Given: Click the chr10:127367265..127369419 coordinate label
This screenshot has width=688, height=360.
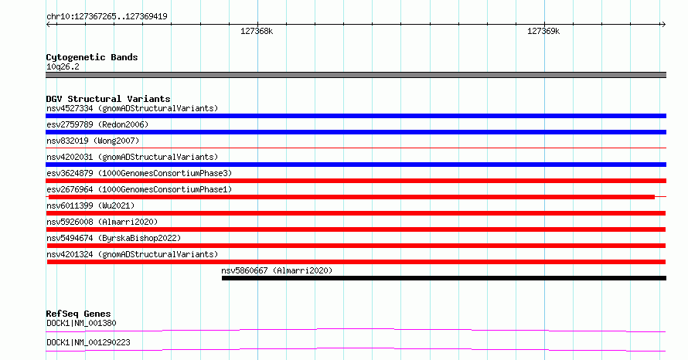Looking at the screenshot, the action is [107, 17].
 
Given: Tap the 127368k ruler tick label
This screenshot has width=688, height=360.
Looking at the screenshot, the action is [257, 31].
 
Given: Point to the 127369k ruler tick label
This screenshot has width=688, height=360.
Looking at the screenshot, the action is [543, 31].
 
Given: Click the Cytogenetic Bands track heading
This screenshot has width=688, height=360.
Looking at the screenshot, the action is [92, 57].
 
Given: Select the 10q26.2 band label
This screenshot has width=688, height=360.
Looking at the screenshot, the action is [63, 66].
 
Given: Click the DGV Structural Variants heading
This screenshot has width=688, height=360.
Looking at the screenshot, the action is [108, 99].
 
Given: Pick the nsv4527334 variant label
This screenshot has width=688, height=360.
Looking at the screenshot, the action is [132, 108].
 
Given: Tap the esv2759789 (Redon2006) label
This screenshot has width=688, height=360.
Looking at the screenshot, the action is [97, 124].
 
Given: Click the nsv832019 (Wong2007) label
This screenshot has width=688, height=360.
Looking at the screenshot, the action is [93, 141].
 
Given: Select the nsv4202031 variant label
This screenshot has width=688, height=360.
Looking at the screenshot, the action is [132, 157].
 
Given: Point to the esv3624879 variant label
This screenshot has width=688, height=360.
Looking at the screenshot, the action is [139, 173].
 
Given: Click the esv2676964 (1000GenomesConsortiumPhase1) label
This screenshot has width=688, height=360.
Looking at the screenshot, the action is [139, 189].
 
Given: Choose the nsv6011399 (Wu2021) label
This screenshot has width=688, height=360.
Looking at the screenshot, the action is [90, 205].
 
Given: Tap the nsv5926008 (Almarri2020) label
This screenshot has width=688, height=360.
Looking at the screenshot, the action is [102, 222].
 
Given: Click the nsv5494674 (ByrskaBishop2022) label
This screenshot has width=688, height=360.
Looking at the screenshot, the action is [114, 238].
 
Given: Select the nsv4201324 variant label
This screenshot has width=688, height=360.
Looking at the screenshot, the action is [132, 254].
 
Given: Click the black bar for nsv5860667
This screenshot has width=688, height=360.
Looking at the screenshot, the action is [444, 278].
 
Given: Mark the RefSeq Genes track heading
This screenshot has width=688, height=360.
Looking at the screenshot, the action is [78, 314].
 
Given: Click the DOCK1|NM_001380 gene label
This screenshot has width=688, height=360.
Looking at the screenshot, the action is [81, 323].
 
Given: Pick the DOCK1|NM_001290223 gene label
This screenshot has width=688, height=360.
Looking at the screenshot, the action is [88, 342].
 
